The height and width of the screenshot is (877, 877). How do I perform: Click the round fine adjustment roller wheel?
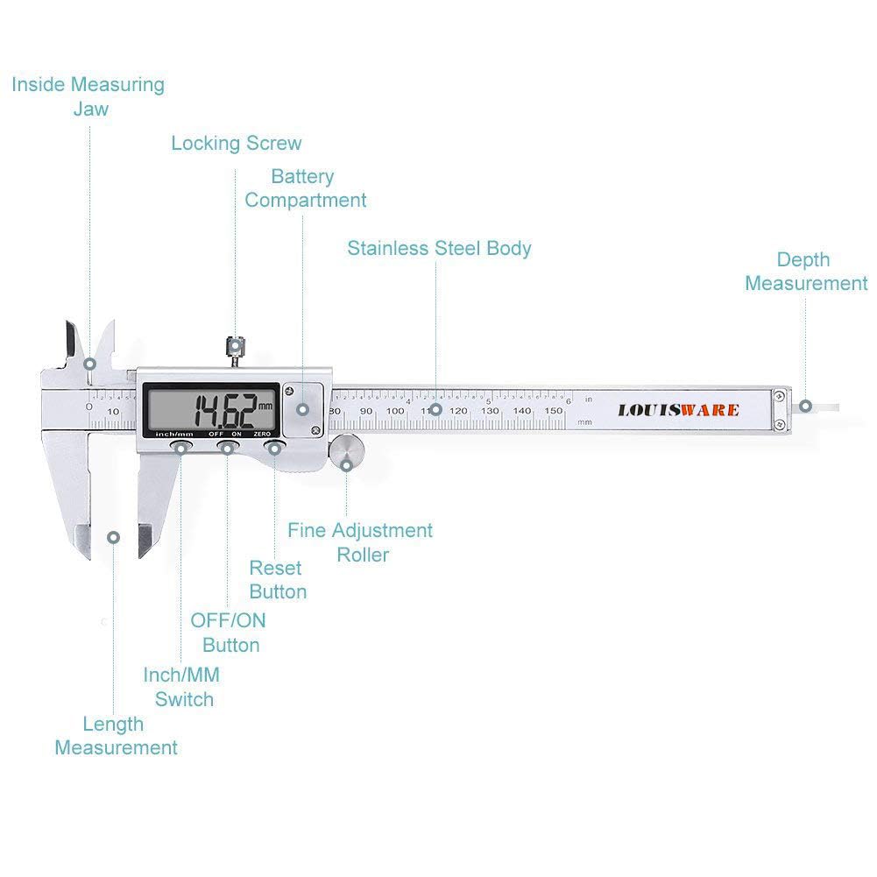click(347, 452)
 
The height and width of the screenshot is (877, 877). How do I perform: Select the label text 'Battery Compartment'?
click(305, 188)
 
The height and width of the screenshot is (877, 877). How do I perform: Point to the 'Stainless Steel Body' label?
click(439, 248)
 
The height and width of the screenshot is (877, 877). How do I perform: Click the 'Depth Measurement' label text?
click(805, 272)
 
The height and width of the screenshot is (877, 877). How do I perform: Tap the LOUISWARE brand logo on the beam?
click(678, 410)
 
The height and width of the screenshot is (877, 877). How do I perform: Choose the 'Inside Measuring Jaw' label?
click(88, 96)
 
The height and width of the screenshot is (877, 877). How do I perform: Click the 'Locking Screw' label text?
click(236, 144)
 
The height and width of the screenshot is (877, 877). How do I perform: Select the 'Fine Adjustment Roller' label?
click(360, 542)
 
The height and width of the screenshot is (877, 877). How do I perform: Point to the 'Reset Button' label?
click(277, 580)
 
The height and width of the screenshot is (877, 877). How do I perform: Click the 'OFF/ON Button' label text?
click(229, 633)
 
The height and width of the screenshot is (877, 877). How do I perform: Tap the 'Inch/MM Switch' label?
click(182, 687)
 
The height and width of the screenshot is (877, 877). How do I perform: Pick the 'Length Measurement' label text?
click(115, 736)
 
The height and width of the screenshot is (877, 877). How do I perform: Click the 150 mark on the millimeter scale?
click(554, 411)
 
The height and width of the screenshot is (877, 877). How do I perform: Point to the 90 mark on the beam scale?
click(366, 411)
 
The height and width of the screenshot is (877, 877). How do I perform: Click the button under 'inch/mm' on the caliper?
click(180, 449)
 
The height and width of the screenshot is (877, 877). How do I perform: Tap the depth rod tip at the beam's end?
click(824, 407)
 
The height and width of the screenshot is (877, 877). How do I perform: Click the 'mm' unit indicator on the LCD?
click(265, 406)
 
